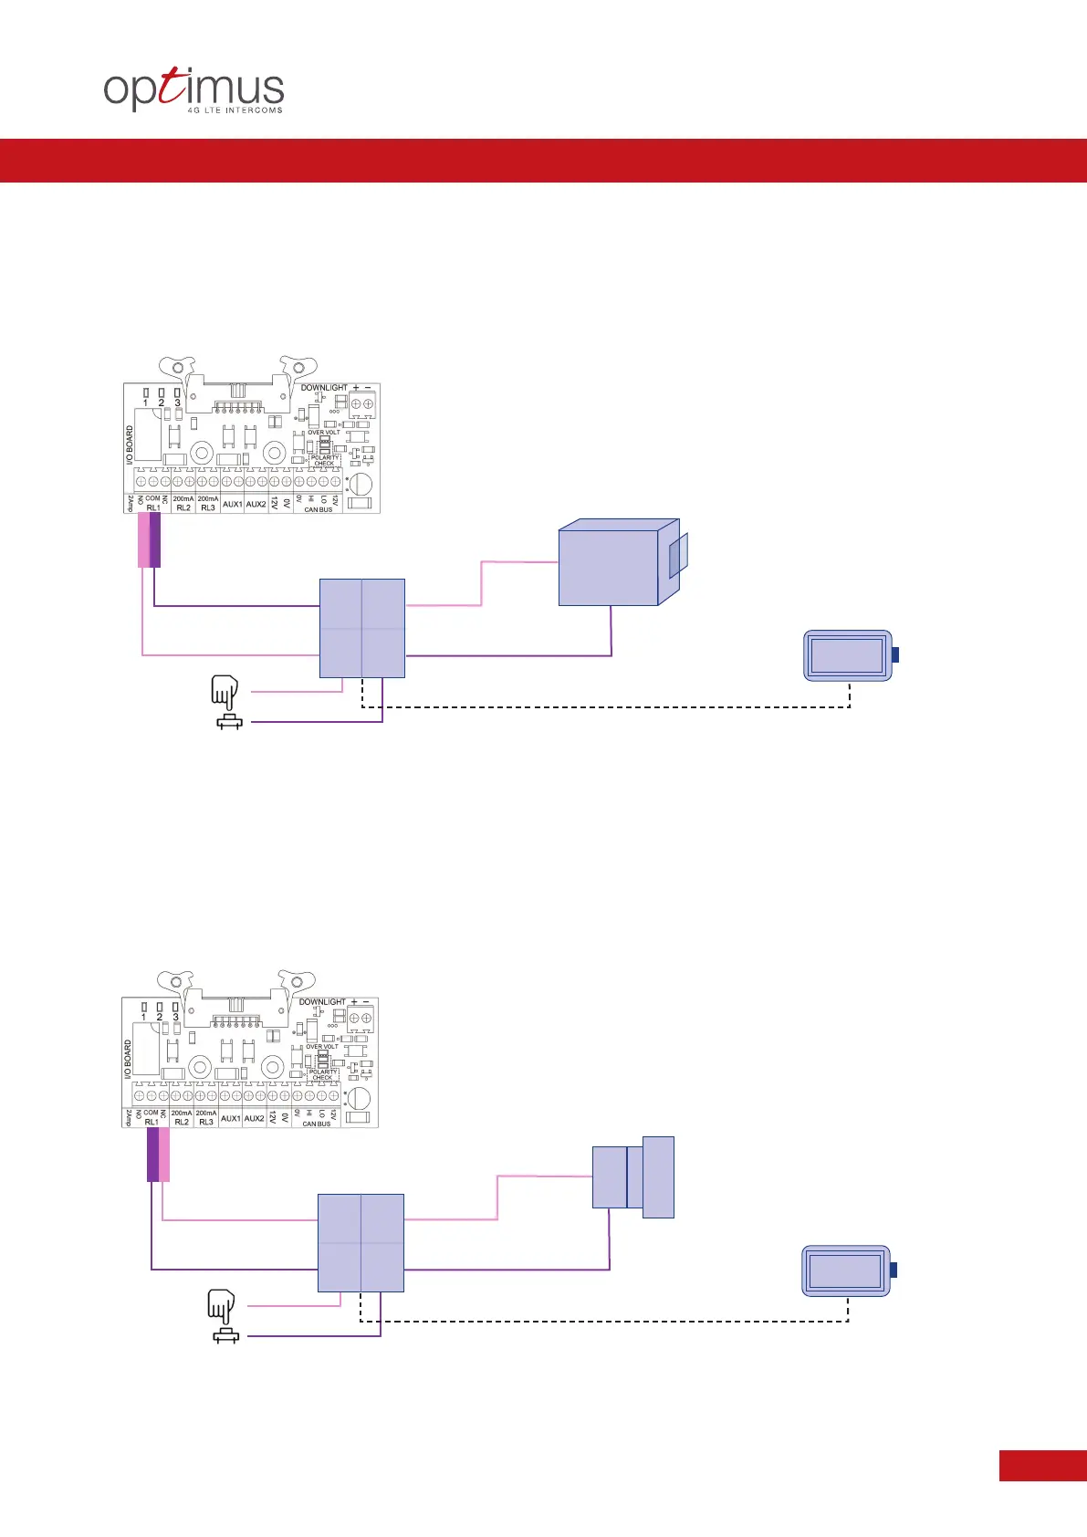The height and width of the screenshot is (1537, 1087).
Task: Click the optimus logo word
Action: (193, 89)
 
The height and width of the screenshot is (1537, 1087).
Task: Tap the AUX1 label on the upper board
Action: (232, 504)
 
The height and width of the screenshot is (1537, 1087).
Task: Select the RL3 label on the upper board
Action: (208, 507)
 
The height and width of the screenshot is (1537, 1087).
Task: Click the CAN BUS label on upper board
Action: (318, 509)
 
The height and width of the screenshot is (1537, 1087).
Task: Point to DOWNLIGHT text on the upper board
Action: (324, 388)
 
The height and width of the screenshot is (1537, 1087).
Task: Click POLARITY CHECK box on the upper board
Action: (324, 461)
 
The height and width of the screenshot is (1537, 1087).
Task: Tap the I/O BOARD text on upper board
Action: (130, 445)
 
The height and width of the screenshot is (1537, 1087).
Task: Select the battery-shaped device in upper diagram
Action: (848, 655)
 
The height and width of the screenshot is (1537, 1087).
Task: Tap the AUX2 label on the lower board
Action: (254, 1118)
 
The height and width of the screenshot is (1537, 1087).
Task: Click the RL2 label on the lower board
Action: (182, 1122)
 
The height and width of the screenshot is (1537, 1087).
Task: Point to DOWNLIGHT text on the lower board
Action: (322, 1002)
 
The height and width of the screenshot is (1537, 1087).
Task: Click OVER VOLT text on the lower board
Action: (321, 1047)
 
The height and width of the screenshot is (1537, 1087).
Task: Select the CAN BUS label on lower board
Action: (316, 1124)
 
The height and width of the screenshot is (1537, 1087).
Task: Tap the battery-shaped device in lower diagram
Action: (846, 1270)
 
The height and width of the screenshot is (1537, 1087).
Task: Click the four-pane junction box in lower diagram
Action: (361, 1243)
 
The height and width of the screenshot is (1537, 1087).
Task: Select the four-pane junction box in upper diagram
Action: (362, 628)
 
